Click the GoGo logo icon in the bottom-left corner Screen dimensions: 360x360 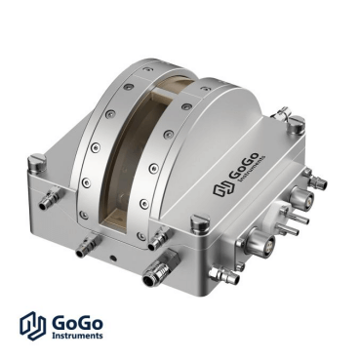(x=32, y=326)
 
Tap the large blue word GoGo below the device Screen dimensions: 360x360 (x=77, y=323)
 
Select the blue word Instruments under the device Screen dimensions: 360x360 (x=77, y=336)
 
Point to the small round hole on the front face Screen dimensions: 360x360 (x=113, y=259)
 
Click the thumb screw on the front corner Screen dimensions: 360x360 (x=200, y=223)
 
